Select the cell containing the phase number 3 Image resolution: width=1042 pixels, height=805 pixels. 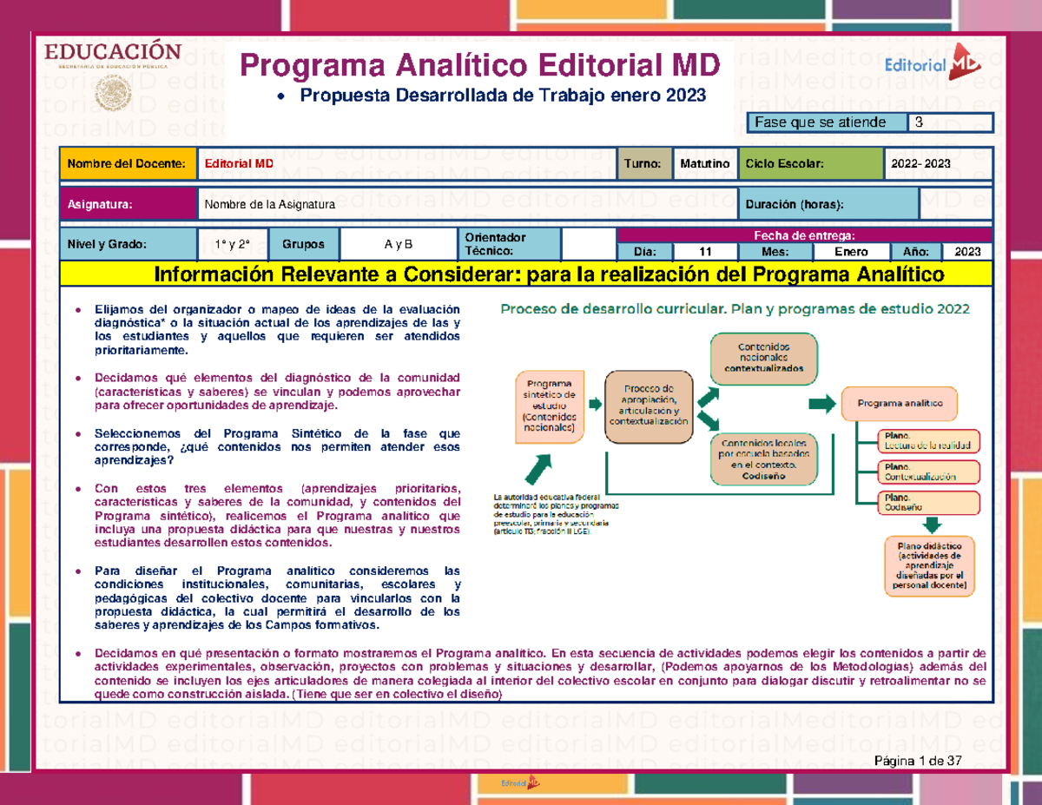pos(950,122)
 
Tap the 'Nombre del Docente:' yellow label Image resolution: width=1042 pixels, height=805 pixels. pos(126,163)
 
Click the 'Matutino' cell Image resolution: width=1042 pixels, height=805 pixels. pos(704,163)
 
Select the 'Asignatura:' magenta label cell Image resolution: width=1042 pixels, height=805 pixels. pos(126,205)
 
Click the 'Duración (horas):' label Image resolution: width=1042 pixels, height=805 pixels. pos(827,205)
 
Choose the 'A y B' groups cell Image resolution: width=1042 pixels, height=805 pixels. pos(398,244)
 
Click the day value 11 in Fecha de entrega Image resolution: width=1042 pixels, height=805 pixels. pos(705,252)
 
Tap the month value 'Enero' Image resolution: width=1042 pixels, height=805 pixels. pos(850,252)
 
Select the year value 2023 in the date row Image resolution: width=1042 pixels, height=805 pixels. pos(966,252)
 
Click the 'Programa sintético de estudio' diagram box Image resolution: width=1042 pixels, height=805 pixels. pos(549,405)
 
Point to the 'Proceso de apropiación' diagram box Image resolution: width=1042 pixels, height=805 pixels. pos(649,404)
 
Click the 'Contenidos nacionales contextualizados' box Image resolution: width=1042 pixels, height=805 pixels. pos(763,358)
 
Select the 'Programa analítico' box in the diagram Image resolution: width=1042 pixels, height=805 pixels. pos(898,404)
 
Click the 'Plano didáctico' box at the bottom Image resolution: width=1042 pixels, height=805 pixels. pos(930,565)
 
